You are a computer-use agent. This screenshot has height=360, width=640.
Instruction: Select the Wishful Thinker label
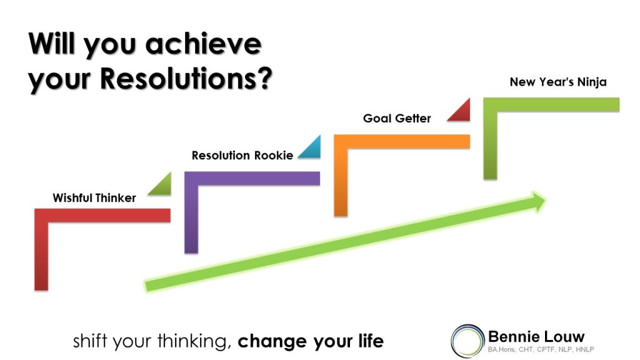(94, 198)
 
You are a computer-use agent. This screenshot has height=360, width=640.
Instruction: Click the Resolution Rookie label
(242, 156)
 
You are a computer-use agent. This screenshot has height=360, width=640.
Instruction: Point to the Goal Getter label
(397, 118)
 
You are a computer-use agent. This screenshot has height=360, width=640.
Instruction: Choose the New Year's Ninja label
(558, 82)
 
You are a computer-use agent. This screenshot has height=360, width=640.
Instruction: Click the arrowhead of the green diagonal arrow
(538, 202)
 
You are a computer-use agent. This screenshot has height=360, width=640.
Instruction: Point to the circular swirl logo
(467, 341)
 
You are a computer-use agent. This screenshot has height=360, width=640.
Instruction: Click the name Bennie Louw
(536, 337)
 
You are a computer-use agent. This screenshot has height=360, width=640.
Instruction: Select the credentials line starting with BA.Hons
(541, 349)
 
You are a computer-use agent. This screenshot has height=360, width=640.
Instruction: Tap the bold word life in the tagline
(371, 341)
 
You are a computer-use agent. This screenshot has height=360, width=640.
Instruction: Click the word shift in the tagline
(91, 341)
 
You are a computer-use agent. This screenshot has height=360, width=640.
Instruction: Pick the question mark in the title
(265, 78)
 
